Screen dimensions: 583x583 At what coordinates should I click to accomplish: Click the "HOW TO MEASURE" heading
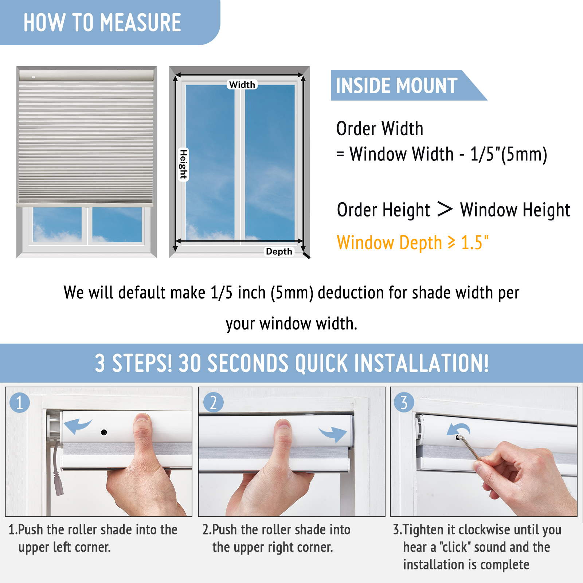[102, 23]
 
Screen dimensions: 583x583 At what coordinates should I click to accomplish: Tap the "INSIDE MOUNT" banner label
[396, 86]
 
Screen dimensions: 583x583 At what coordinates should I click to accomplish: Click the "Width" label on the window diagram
[242, 85]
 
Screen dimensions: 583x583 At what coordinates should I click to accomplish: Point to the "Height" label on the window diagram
[183, 164]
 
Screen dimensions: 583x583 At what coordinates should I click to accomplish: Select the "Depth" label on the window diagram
[279, 251]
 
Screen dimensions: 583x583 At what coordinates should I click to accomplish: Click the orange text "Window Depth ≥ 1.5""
[412, 243]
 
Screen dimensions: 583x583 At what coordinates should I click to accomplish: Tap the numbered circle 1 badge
[20, 403]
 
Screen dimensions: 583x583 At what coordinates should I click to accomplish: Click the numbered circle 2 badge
[213, 403]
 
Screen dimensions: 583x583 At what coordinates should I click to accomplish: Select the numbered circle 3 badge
[404, 403]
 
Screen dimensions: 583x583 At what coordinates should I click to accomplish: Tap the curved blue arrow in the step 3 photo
[458, 429]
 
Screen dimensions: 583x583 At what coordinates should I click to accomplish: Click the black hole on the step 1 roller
[104, 433]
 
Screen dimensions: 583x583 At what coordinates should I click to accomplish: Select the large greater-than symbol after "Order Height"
[445, 209]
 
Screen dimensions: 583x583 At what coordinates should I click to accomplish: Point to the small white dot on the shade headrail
[34, 77]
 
